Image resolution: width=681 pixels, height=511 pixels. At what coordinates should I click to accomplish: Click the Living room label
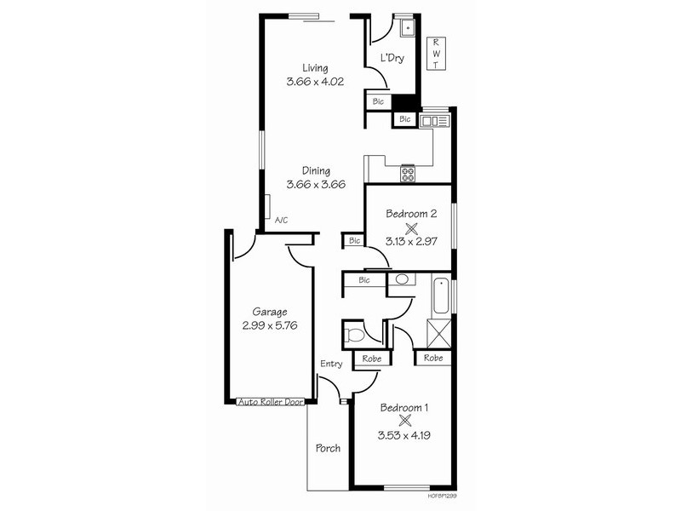click(x=315, y=68)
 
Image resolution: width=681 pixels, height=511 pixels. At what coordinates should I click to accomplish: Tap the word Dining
click(x=315, y=170)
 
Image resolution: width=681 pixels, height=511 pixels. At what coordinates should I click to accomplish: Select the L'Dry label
click(x=392, y=59)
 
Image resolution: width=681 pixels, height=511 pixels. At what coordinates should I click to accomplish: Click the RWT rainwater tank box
click(x=436, y=53)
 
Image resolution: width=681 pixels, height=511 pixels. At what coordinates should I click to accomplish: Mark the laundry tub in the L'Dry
click(x=408, y=28)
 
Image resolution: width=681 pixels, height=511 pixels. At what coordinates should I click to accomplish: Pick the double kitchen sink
click(x=434, y=121)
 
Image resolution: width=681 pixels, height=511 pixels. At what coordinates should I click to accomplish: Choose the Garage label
click(x=269, y=311)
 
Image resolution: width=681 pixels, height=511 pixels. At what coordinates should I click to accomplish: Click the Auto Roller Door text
click(x=271, y=401)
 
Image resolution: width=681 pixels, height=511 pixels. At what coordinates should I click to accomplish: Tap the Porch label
click(x=328, y=448)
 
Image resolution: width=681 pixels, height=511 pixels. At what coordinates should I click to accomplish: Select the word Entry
click(x=331, y=365)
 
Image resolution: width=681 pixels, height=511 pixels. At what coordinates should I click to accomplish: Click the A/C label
click(x=281, y=220)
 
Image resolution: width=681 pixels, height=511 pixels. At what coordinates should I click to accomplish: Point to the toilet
click(x=354, y=333)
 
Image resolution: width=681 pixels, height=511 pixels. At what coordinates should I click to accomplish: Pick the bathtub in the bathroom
click(x=440, y=297)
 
